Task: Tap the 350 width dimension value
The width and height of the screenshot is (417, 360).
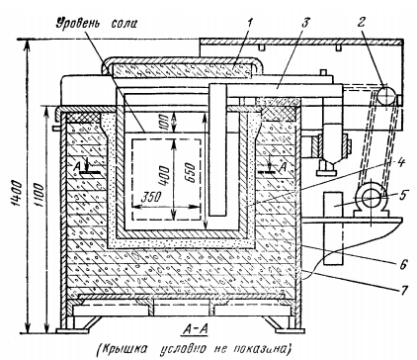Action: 150,197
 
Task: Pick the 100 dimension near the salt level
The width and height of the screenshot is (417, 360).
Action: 165,122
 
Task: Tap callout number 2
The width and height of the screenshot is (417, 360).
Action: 361,23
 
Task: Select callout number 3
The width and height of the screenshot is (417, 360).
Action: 305,24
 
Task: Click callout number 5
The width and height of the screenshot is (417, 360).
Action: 401,195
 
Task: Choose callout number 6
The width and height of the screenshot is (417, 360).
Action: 403,264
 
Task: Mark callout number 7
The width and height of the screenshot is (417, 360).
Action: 404,290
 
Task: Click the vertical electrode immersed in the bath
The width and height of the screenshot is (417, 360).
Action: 218,150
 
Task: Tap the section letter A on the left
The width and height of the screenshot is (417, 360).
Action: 76,167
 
